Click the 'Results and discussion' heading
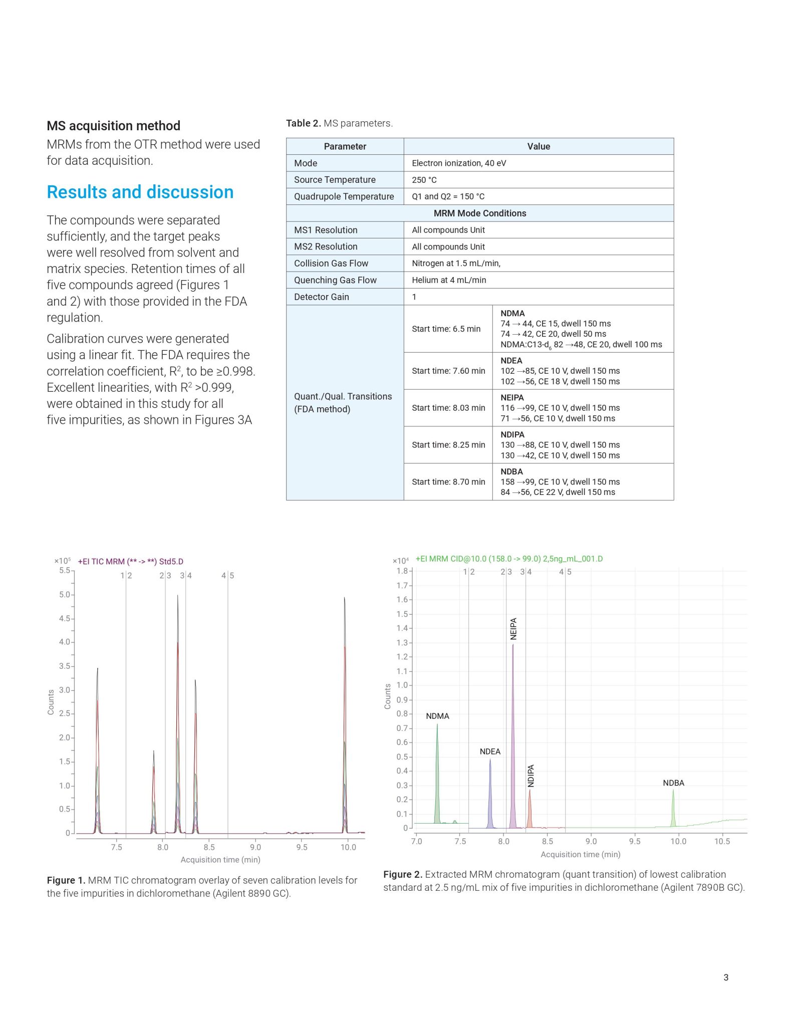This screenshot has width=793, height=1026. click(140, 192)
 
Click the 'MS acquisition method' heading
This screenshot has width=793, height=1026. click(113, 126)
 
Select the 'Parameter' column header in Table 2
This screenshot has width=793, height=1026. click(345, 146)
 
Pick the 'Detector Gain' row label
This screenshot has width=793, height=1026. click(321, 297)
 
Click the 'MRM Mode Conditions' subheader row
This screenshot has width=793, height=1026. click(479, 213)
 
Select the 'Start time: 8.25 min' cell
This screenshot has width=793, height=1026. click(448, 445)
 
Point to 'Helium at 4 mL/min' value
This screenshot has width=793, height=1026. click(449, 280)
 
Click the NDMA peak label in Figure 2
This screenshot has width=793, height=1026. click(437, 716)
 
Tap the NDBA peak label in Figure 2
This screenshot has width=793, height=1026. click(673, 783)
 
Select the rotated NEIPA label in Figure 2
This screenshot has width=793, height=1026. click(513, 629)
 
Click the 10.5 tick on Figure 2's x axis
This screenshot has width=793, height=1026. click(722, 841)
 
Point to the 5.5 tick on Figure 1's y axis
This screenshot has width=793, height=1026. click(65, 570)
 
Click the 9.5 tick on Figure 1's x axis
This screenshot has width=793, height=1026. click(302, 847)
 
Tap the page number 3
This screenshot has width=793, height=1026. click(726, 977)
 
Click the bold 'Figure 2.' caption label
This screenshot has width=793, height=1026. click(403, 874)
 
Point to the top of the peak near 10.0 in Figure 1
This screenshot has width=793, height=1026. click(345, 598)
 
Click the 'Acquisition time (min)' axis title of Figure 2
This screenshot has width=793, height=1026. click(580, 854)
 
